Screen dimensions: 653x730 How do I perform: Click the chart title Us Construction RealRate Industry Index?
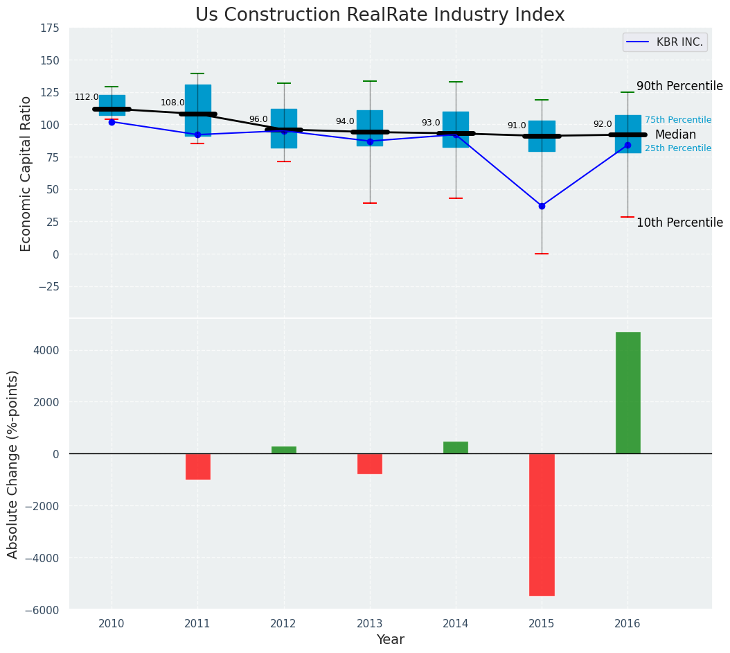point(380,15)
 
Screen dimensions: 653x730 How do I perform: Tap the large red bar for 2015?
point(542,525)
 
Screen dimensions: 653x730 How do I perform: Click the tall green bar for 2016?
point(627,393)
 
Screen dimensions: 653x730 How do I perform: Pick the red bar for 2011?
point(197,467)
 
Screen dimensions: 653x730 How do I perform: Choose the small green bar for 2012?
point(283,450)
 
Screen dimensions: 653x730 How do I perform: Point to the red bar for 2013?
point(369,464)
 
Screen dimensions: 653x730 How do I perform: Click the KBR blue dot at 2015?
point(542,206)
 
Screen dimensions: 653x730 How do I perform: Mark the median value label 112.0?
point(87,98)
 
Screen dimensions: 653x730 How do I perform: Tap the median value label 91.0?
point(517,126)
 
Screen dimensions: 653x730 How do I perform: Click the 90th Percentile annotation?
point(679,87)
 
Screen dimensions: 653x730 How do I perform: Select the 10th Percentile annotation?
point(679,223)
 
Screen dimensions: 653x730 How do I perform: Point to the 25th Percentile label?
point(677,148)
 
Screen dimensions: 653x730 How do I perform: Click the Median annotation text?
point(675,135)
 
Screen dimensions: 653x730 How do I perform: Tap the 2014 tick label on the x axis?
point(455,624)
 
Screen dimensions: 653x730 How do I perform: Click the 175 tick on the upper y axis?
point(49,28)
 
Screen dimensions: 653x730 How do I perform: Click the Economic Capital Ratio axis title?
point(26,173)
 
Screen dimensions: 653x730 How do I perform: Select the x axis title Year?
point(390,640)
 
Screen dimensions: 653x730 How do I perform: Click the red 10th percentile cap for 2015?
point(542,254)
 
